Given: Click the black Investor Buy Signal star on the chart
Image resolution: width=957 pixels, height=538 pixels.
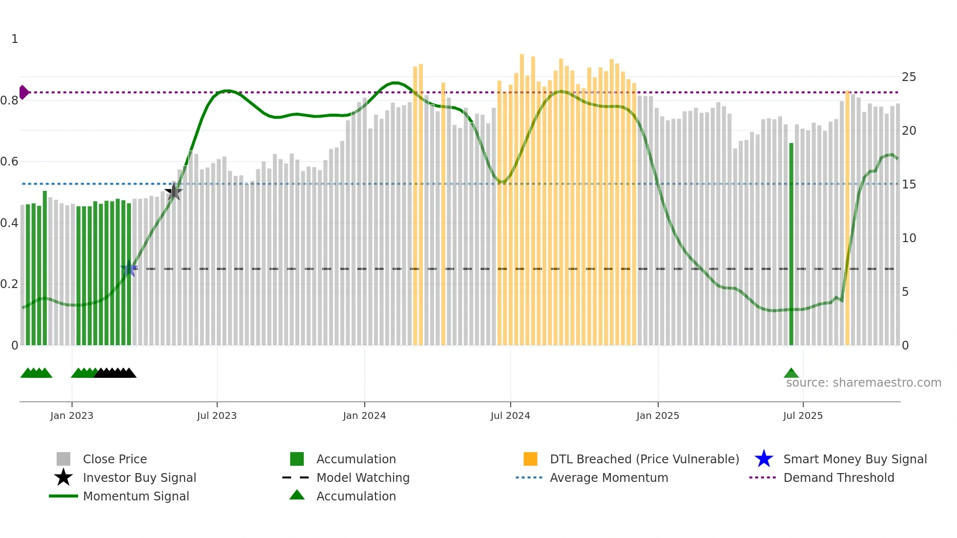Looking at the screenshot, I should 173,192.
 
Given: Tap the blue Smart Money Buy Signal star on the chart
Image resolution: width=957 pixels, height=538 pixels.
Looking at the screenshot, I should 129,269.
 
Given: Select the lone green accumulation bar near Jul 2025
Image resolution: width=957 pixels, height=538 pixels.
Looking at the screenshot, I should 791,244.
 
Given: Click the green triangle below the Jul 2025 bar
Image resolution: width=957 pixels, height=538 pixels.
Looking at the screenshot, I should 791,373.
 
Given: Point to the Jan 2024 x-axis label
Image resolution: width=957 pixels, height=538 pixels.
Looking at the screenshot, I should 364,415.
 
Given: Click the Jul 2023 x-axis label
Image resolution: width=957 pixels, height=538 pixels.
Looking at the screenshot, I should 217,415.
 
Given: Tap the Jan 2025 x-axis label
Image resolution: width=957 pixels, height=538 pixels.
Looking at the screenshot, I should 658,415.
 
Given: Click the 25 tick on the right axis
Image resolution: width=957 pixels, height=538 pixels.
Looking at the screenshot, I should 909,77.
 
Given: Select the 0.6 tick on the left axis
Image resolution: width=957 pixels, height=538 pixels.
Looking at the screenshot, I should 9,162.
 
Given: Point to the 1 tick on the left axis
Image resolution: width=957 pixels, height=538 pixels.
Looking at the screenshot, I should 15,39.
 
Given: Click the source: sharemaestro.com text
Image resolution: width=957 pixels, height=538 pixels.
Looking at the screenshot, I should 863,383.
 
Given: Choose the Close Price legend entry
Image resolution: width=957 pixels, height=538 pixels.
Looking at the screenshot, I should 115,459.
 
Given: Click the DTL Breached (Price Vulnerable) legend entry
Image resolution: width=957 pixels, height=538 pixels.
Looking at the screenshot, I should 644,459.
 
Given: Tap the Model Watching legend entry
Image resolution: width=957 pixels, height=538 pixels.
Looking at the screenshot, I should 363,477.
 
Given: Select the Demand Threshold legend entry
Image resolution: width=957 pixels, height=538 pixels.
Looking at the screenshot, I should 838,477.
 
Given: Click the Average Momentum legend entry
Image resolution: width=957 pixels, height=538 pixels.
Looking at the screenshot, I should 608,477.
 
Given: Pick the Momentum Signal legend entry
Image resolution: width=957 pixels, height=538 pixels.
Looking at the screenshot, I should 136,496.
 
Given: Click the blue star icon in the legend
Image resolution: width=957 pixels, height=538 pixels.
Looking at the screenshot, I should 764,459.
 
